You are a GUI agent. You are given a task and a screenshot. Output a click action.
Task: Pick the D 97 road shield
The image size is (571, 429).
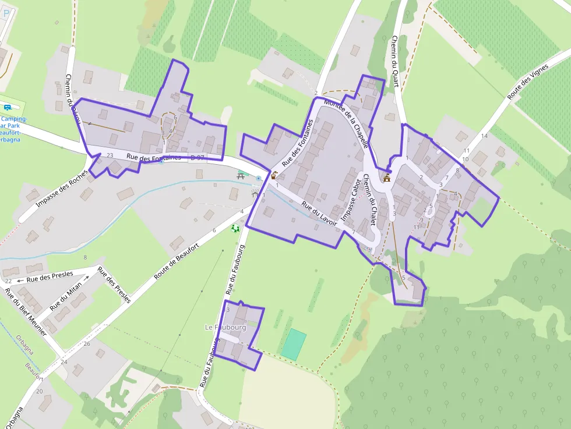coord(197,158)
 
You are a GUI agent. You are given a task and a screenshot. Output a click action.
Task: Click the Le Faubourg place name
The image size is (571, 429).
coord(225,328)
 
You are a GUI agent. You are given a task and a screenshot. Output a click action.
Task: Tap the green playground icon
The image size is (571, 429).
coord(235,228)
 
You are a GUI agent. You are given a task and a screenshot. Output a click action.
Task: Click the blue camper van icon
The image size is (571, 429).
coord(8,107)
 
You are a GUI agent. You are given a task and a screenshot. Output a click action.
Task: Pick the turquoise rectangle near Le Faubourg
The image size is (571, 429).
coord(294,344)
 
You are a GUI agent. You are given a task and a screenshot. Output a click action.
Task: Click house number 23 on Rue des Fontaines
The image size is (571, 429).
coord(110,155)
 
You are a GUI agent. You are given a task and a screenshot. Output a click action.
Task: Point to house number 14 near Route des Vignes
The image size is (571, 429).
coord(484,136)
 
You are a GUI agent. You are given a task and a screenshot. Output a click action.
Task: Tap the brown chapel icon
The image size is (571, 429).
coord(386,178)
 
